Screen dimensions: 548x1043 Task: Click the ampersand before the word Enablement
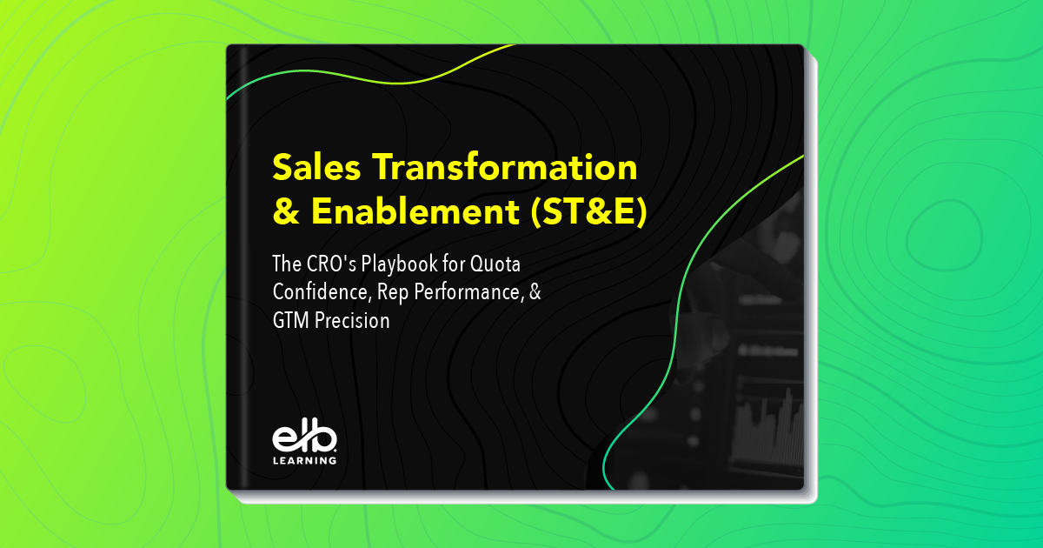click(x=286, y=214)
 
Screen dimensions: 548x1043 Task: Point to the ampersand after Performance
click(x=535, y=291)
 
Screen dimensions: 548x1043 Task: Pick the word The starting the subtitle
click(x=287, y=263)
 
